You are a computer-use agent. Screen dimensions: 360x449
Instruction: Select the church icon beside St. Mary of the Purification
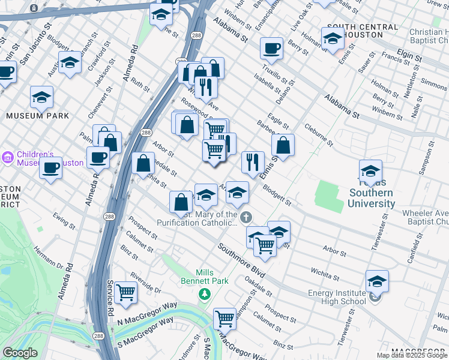tap(246, 216)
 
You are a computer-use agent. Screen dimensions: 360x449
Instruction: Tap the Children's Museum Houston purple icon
tap(7, 157)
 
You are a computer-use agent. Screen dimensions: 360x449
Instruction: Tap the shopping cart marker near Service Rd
tap(126, 292)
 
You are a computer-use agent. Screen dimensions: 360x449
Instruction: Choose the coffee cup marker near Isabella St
tap(271, 47)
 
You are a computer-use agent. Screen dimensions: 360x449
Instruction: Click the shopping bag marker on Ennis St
tap(283, 145)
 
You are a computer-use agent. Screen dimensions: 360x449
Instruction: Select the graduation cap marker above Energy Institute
tap(376, 280)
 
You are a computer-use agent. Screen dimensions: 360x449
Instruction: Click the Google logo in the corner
tap(20, 353)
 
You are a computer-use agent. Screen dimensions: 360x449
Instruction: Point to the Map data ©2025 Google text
tap(412, 355)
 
